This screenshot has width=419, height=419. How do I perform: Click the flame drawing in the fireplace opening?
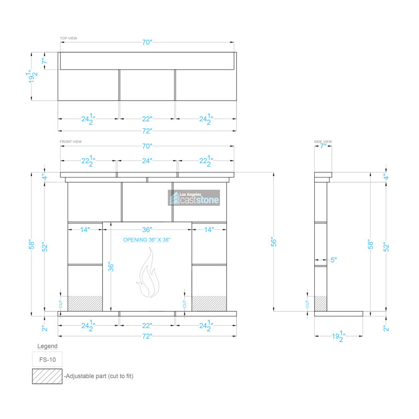(x=148, y=272)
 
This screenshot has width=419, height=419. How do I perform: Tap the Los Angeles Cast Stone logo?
(x=194, y=198)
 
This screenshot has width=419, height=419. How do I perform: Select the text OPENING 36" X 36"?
(x=147, y=240)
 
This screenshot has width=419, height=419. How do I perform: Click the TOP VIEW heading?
(x=69, y=38)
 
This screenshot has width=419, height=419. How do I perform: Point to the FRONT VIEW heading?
(x=71, y=141)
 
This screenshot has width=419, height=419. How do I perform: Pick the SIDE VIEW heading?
(x=323, y=141)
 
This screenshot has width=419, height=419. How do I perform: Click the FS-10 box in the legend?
(x=47, y=359)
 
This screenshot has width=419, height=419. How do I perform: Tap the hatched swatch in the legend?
(x=47, y=376)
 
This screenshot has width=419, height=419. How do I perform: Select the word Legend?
(x=47, y=346)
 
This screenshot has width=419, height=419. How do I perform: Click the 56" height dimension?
(x=273, y=241)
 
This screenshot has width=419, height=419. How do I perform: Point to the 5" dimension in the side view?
(x=334, y=260)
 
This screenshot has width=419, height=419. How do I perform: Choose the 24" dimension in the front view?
(x=147, y=161)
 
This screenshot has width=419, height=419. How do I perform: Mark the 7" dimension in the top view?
(x=45, y=61)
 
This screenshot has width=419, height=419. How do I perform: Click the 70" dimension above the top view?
(x=147, y=42)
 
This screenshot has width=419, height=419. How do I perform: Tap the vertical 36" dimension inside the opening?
(x=111, y=267)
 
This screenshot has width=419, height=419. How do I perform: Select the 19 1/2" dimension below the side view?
(x=338, y=336)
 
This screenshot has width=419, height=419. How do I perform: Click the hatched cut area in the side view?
(x=321, y=304)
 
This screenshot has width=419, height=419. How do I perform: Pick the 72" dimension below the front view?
(x=147, y=336)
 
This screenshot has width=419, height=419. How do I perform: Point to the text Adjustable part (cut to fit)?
(x=100, y=376)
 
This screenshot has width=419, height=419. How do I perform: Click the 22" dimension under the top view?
(x=147, y=119)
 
